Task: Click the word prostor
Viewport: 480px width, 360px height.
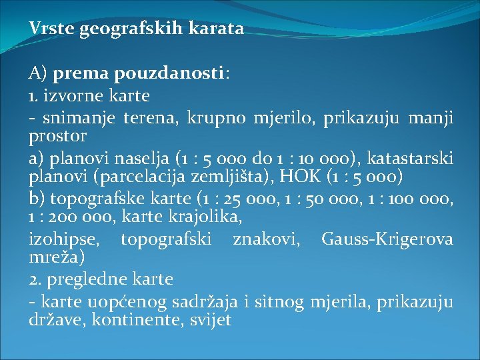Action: pos(58,136)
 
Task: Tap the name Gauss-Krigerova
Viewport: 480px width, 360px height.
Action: pos(387,239)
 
